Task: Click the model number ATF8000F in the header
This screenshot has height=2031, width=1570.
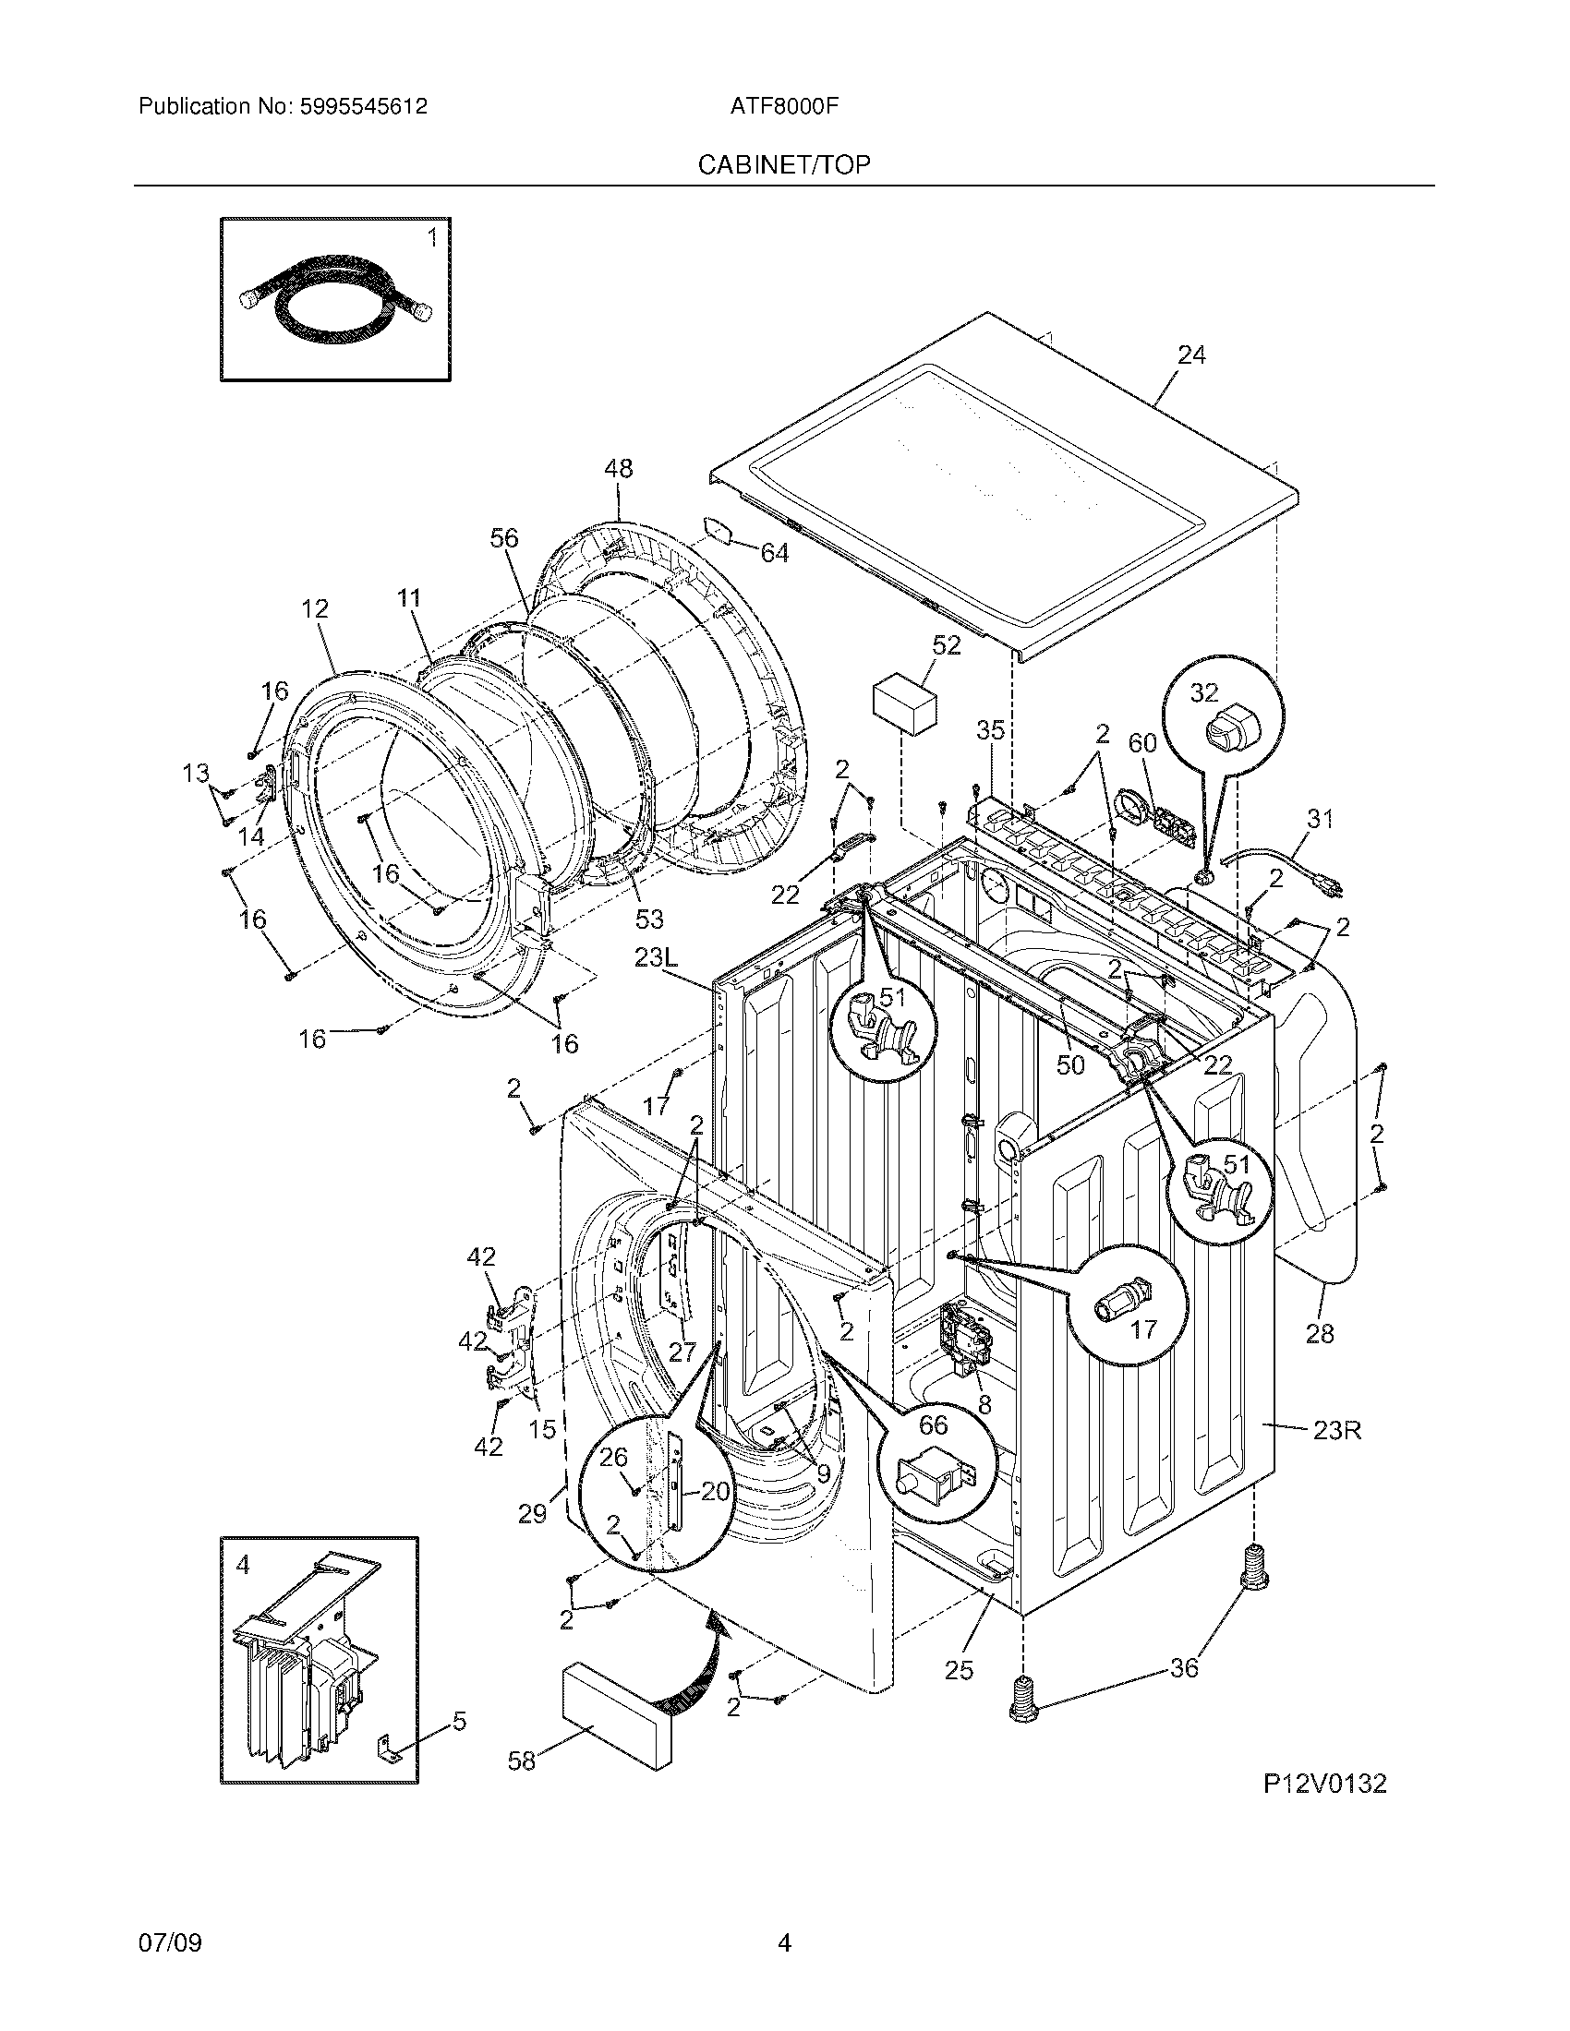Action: pos(784,106)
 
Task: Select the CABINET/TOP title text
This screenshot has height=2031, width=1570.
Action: pos(784,164)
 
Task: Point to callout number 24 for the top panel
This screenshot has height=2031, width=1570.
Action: pos(1191,355)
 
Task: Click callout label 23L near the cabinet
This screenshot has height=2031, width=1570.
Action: pos(659,957)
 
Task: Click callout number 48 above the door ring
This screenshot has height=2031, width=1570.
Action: pos(619,469)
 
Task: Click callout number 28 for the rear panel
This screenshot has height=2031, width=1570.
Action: pos(1320,1334)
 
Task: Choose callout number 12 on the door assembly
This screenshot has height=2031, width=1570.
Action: pos(315,609)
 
